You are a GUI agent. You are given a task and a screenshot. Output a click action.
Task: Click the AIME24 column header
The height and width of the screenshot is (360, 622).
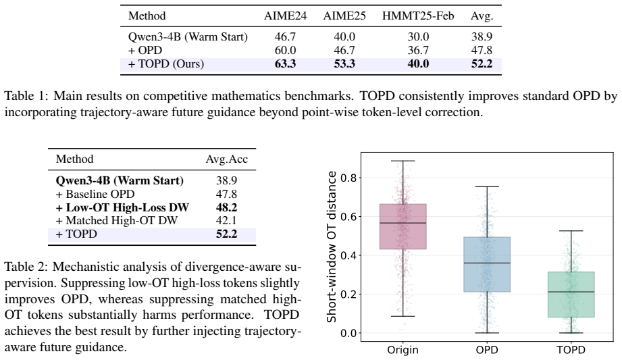click(285, 16)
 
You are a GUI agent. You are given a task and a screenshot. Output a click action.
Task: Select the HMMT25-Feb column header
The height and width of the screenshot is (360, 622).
click(418, 16)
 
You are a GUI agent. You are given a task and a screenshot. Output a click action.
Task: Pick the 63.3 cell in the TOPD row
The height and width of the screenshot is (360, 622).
click(285, 64)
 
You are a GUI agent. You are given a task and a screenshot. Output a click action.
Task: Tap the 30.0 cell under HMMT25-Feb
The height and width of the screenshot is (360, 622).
click(418, 36)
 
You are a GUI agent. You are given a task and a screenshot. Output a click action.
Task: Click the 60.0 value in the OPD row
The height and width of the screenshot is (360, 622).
click(285, 51)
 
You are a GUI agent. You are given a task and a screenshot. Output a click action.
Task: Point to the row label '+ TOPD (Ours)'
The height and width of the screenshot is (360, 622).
click(166, 64)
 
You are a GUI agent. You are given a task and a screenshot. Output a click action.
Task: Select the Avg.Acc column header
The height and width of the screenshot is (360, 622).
click(226, 159)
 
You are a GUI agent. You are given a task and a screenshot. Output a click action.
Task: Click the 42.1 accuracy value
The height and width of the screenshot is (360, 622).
click(226, 220)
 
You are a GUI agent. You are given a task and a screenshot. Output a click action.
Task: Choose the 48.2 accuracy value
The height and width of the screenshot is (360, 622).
click(226, 207)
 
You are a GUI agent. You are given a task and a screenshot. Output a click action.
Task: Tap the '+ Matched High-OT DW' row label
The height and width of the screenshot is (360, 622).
click(117, 220)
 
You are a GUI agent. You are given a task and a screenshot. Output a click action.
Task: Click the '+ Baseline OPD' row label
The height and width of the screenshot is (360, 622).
click(95, 194)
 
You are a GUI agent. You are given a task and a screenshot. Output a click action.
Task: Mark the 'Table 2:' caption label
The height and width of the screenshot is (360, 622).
click(26, 267)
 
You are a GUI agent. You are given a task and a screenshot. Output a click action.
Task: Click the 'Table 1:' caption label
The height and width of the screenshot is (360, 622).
click(26, 96)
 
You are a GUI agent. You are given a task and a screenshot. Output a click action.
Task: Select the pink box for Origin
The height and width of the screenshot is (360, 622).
click(403, 226)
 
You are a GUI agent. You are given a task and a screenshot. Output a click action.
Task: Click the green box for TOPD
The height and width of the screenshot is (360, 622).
click(571, 294)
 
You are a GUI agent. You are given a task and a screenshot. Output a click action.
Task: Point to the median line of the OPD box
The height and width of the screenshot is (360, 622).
click(487, 263)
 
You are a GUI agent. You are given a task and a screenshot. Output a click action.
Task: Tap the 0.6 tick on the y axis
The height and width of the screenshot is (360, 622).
click(348, 216)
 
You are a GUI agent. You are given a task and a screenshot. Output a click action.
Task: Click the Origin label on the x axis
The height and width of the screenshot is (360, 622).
click(403, 350)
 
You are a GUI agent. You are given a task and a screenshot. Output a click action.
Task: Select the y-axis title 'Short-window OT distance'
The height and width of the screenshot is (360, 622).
click(331, 247)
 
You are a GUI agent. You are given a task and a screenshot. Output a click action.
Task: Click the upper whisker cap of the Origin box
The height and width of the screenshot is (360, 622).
click(403, 161)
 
